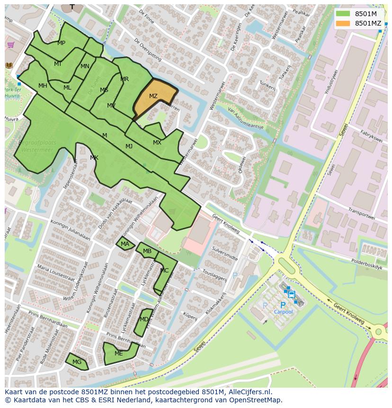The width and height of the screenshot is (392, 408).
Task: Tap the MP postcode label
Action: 61,43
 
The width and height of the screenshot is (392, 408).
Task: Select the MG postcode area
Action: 77,362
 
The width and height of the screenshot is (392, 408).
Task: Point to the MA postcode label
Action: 125,245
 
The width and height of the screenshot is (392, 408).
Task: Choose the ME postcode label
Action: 118,354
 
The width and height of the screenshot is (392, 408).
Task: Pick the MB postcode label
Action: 147,251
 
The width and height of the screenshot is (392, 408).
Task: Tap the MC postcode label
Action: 164,271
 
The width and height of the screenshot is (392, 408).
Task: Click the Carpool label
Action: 284,312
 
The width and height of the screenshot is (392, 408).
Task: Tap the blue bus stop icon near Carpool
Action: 291,294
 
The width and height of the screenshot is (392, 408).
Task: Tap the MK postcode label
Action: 94,158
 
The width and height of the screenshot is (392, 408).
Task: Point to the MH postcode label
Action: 43,86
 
